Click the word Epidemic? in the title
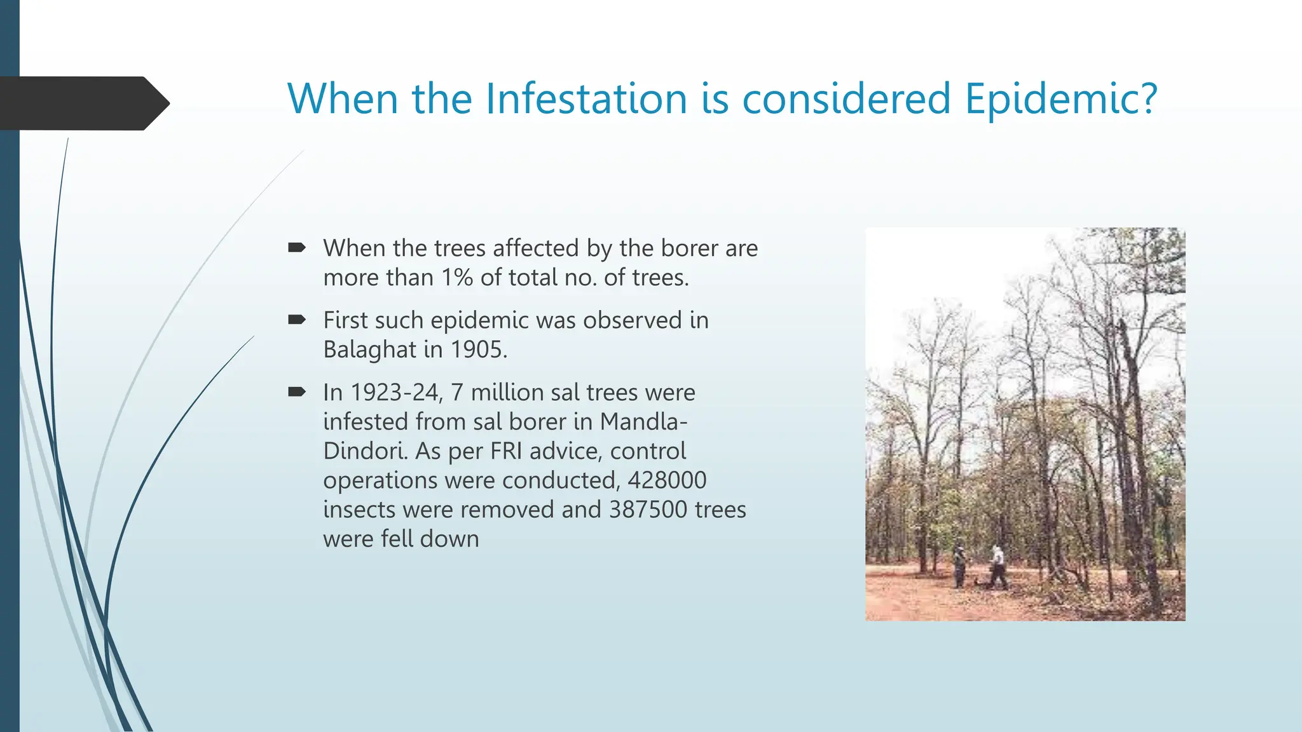click(1060, 99)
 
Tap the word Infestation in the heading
click(586, 99)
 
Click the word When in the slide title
click(343, 99)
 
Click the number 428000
click(667, 480)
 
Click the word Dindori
click(365, 451)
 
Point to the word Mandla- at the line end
click(643, 422)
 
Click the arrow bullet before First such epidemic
click(297, 320)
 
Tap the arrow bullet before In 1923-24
click(297, 391)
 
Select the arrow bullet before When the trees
click(297, 247)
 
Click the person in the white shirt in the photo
click(997, 566)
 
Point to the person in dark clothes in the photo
click(959, 566)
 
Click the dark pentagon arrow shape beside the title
click(83, 103)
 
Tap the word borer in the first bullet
click(685, 248)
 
